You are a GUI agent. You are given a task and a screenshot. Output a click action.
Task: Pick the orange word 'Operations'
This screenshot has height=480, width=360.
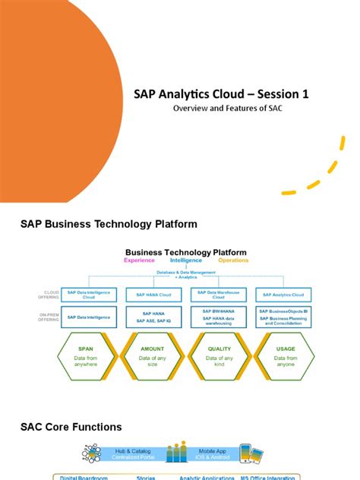[x=233, y=261]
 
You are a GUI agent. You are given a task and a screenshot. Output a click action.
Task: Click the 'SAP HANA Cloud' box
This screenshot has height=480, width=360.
[x=158, y=295]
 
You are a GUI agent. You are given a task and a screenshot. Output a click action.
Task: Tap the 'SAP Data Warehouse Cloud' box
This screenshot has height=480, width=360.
[x=219, y=294]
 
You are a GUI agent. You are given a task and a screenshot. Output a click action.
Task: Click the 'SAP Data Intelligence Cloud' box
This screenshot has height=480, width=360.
[x=90, y=294]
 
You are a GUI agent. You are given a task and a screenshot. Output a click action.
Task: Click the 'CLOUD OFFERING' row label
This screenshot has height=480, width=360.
[x=48, y=295]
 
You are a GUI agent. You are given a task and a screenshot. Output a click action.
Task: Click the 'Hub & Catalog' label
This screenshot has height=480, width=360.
[x=124, y=450]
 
